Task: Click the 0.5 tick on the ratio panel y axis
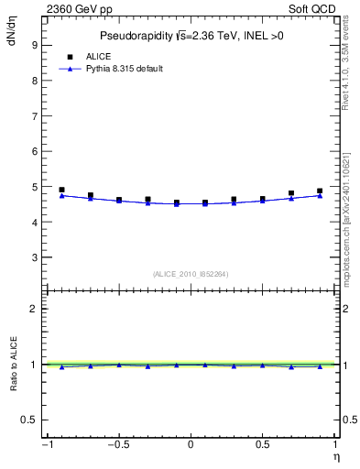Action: pos(29,420)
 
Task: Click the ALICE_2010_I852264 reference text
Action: pos(191,273)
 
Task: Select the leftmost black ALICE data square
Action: pos(61,190)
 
